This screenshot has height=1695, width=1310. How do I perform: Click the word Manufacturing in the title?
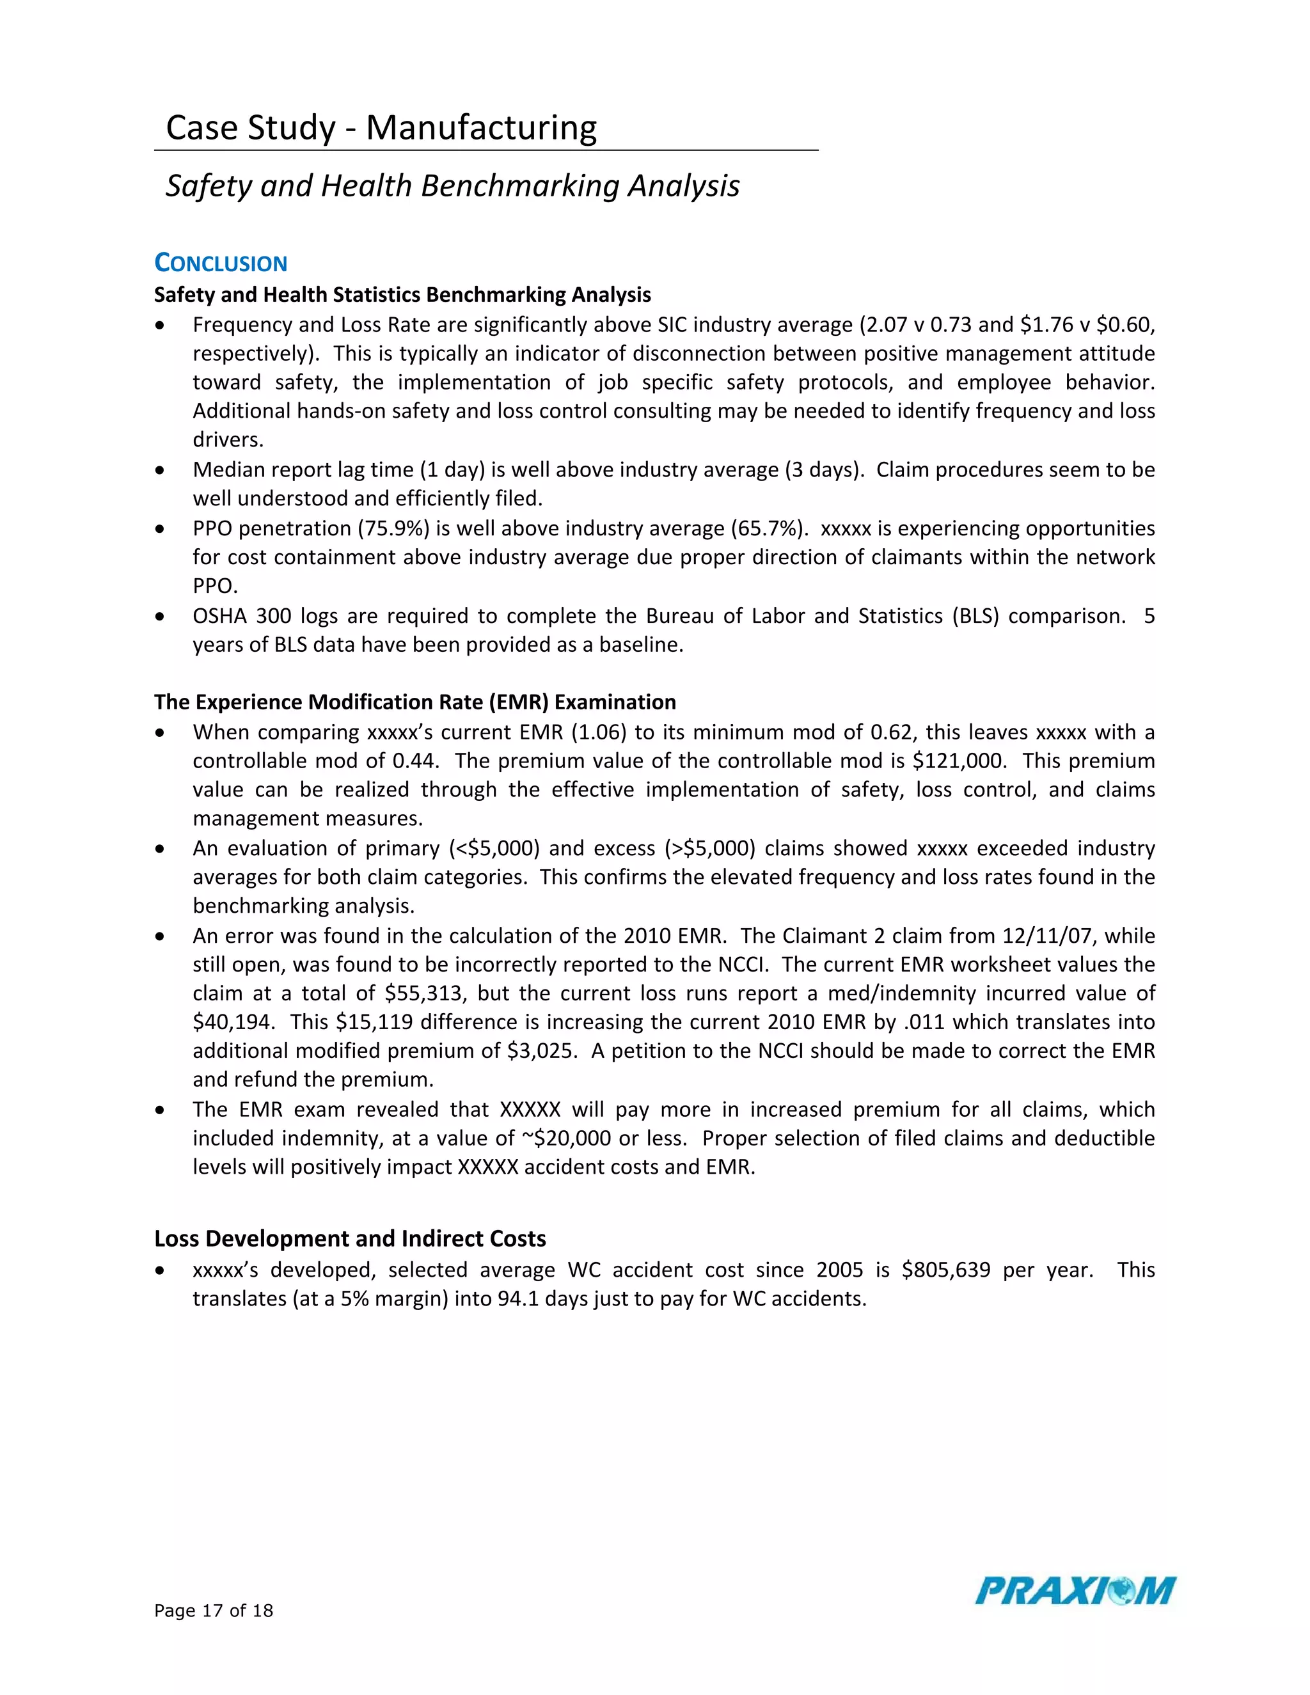(481, 127)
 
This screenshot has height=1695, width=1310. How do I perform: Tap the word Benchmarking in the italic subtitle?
(520, 185)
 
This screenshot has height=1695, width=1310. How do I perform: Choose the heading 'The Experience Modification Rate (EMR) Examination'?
(415, 702)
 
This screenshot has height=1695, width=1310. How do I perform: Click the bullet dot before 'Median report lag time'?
(160, 470)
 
